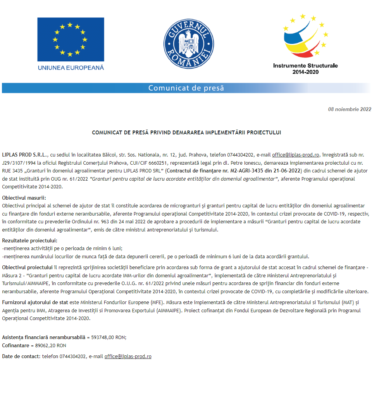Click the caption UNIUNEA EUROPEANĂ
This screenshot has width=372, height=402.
coord(71,68)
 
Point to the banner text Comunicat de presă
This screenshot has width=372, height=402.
coord(186,88)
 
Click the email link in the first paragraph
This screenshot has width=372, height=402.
coord(295,155)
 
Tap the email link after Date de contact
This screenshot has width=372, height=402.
coord(128,356)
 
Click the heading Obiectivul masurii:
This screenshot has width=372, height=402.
coord(24,198)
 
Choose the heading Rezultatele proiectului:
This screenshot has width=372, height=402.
coord(29,240)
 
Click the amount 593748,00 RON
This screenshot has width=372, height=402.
coord(108,337)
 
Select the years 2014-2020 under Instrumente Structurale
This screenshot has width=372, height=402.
coord(305,72)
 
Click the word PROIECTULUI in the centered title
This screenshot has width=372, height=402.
coord(263,132)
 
